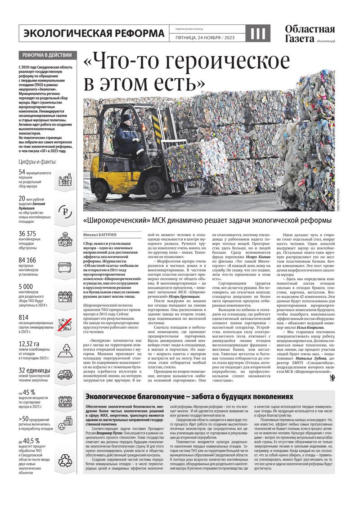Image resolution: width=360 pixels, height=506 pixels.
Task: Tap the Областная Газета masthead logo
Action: point(310,34)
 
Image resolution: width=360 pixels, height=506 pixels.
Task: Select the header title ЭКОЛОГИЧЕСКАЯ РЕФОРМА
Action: point(94,33)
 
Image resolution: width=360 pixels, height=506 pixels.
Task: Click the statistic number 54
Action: point(22,172)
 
